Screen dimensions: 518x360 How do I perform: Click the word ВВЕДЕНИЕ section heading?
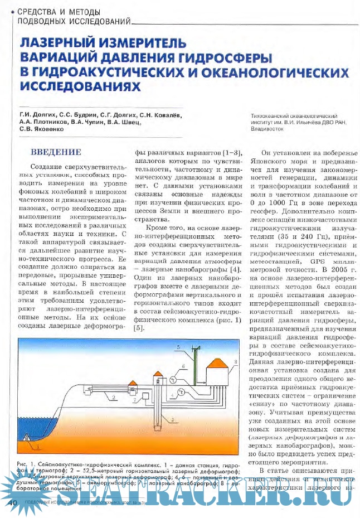(56, 152)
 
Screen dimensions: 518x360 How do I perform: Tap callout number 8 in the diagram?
(236, 362)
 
